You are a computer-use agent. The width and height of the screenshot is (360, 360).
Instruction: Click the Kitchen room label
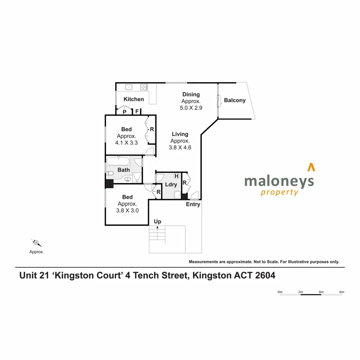click(x=134, y=99)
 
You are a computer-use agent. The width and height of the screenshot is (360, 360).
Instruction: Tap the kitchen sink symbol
click(x=129, y=87)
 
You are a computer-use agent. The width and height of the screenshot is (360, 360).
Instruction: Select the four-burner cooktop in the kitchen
click(x=144, y=87)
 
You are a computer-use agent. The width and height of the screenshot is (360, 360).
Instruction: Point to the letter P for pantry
click(x=124, y=112)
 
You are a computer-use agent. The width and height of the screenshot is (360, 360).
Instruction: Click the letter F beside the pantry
click(x=137, y=112)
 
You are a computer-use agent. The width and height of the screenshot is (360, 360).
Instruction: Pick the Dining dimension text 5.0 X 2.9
click(x=191, y=108)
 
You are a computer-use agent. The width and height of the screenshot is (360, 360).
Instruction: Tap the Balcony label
click(x=235, y=100)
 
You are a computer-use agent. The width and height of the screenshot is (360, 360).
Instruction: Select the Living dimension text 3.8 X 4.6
click(x=180, y=147)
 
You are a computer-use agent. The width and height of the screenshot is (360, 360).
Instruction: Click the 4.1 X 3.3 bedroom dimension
click(x=126, y=142)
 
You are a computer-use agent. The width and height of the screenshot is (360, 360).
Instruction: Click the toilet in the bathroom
click(x=110, y=173)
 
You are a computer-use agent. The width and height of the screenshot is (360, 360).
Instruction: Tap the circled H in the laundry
click(x=176, y=176)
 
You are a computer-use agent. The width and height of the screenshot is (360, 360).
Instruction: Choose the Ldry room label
click(x=171, y=184)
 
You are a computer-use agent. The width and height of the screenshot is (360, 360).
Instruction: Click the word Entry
click(x=193, y=204)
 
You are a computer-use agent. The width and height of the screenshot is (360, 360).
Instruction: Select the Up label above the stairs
click(x=158, y=221)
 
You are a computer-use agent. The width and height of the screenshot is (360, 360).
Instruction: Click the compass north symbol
click(x=36, y=243)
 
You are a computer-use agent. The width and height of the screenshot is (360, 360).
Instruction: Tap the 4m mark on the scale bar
click(x=321, y=292)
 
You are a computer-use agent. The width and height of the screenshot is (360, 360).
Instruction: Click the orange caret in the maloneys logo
click(x=311, y=167)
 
